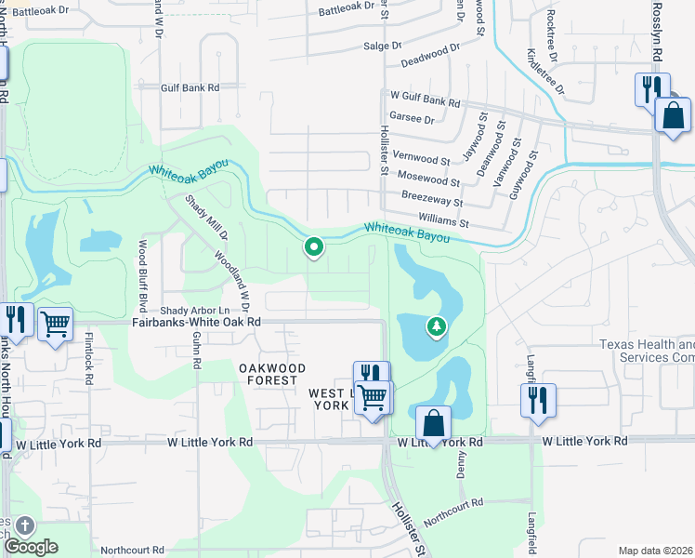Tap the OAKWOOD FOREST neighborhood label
coord(272,374)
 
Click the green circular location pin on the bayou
coord(314,246)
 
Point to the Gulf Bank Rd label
coord(190,87)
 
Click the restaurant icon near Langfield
coord(538,401)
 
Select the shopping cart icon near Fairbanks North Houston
coord(56,325)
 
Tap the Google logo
coord(32,547)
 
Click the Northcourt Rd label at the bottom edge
coord(133,550)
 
